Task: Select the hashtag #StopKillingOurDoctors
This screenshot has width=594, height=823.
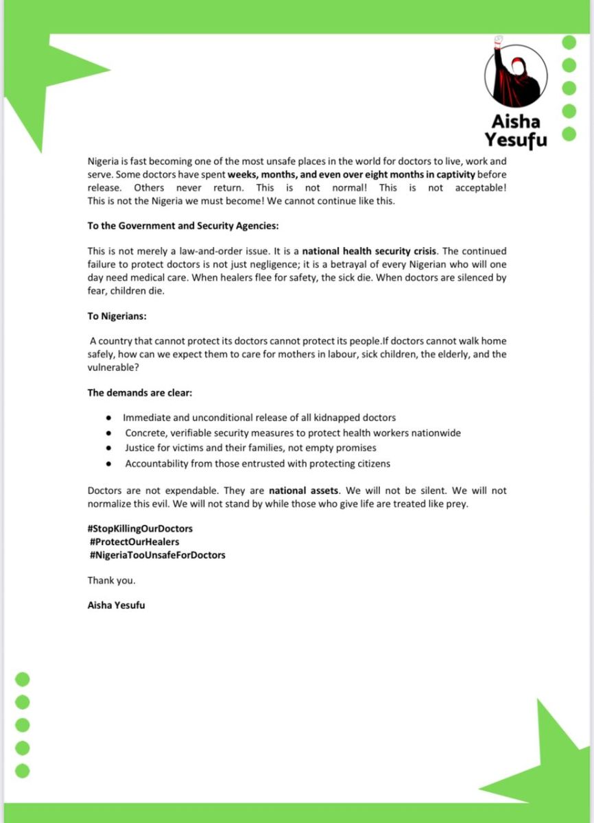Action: click(x=141, y=529)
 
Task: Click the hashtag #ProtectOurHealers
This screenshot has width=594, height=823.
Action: click(x=134, y=542)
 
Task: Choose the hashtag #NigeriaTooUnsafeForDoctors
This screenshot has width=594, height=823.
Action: click(x=156, y=555)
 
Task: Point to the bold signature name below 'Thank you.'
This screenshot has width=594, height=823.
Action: click(x=116, y=606)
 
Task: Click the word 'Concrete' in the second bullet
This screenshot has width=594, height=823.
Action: click(x=145, y=433)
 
